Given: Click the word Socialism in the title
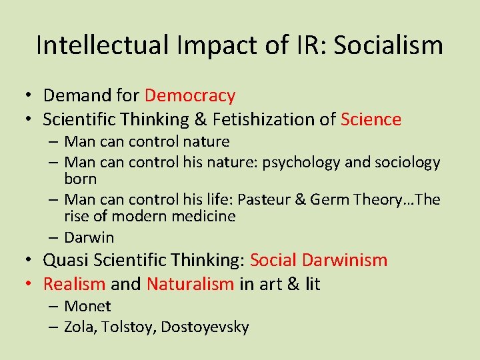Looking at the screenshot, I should pos(388,45).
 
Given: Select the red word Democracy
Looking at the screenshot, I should pos(190,96).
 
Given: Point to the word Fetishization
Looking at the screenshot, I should pos(251,119).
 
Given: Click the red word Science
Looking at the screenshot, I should pos(371,119).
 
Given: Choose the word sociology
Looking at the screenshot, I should pos(409,162).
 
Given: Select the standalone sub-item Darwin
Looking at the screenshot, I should pos(89,237).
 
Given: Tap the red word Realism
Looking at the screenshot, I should pos(74,284).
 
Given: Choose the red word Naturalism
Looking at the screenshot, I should pos(190,284).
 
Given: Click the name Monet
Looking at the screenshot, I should pos(88,306).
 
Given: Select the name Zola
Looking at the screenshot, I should pos(79,327).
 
